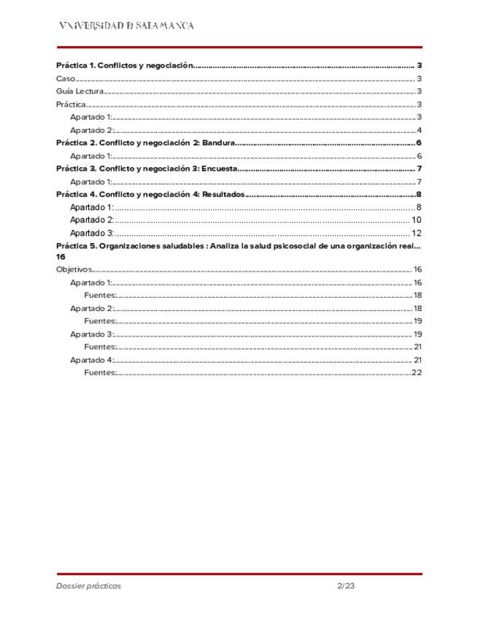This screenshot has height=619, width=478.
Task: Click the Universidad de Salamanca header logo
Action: tap(126, 26)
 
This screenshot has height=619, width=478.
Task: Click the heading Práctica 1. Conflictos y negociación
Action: tap(124, 66)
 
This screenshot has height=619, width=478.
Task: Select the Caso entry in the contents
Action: tap(66, 79)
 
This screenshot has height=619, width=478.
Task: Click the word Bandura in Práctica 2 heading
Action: tap(218, 143)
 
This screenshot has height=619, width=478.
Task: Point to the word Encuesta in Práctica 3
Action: tap(220, 169)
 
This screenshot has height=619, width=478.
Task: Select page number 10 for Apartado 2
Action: tap(417, 220)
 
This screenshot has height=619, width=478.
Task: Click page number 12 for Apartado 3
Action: tap(417, 234)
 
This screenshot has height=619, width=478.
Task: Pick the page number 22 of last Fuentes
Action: tap(417, 373)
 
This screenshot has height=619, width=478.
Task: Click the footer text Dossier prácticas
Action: tap(89, 586)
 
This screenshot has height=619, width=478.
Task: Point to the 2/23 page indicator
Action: tap(346, 586)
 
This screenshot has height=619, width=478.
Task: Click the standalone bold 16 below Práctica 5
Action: tap(61, 257)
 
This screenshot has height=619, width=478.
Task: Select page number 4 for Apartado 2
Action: tap(420, 131)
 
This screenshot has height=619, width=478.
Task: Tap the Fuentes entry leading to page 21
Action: tap(101, 347)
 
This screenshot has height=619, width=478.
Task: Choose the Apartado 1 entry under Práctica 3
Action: tap(91, 182)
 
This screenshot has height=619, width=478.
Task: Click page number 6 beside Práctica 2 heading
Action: tap(420, 143)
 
